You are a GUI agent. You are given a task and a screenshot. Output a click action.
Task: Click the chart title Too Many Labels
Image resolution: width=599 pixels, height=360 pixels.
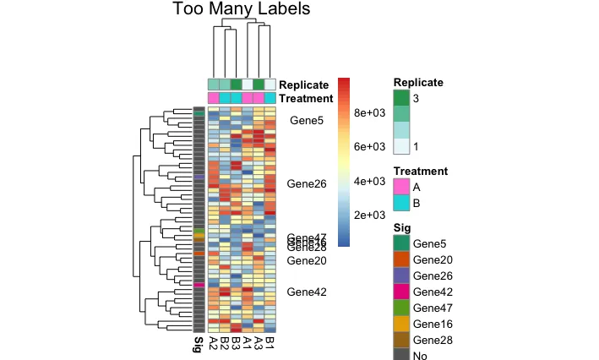pyautogui.click(x=242, y=10)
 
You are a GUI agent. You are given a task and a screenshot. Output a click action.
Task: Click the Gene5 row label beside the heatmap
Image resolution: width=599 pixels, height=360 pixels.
pyautogui.click(x=306, y=121)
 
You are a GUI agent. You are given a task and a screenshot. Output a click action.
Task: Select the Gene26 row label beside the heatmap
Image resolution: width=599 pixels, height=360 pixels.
pyautogui.click(x=307, y=183)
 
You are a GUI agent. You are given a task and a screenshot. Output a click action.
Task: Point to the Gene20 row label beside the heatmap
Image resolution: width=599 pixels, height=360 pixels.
pyautogui.click(x=307, y=261)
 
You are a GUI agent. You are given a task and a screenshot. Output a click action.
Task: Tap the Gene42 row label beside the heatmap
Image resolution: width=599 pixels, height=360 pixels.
pyautogui.click(x=307, y=292)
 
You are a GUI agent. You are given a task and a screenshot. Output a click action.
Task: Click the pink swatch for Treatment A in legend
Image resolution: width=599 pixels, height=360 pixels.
pyautogui.click(x=401, y=187)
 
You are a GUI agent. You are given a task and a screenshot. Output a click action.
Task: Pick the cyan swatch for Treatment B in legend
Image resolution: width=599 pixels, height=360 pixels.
pyautogui.click(x=401, y=204)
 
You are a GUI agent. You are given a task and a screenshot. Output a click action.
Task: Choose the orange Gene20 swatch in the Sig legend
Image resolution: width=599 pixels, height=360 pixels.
pyautogui.click(x=401, y=259)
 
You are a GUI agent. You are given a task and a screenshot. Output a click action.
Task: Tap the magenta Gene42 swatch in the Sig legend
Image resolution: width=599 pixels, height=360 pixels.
pyautogui.click(x=401, y=292)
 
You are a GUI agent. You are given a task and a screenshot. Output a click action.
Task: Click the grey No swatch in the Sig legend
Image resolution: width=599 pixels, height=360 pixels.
pyautogui.click(x=401, y=355)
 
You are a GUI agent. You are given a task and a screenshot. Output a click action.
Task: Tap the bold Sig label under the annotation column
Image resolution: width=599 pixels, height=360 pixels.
pyautogui.click(x=199, y=344)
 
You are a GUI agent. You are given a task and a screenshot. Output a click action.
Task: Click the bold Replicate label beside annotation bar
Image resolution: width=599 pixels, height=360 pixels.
pyautogui.click(x=308, y=85)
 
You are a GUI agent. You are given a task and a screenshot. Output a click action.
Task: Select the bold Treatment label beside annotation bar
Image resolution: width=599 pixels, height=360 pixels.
pyautogui.click(x=309, y=98)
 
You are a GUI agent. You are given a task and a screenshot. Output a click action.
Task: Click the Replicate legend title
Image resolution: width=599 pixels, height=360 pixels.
pyautogui.click(x=419, y=83)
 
